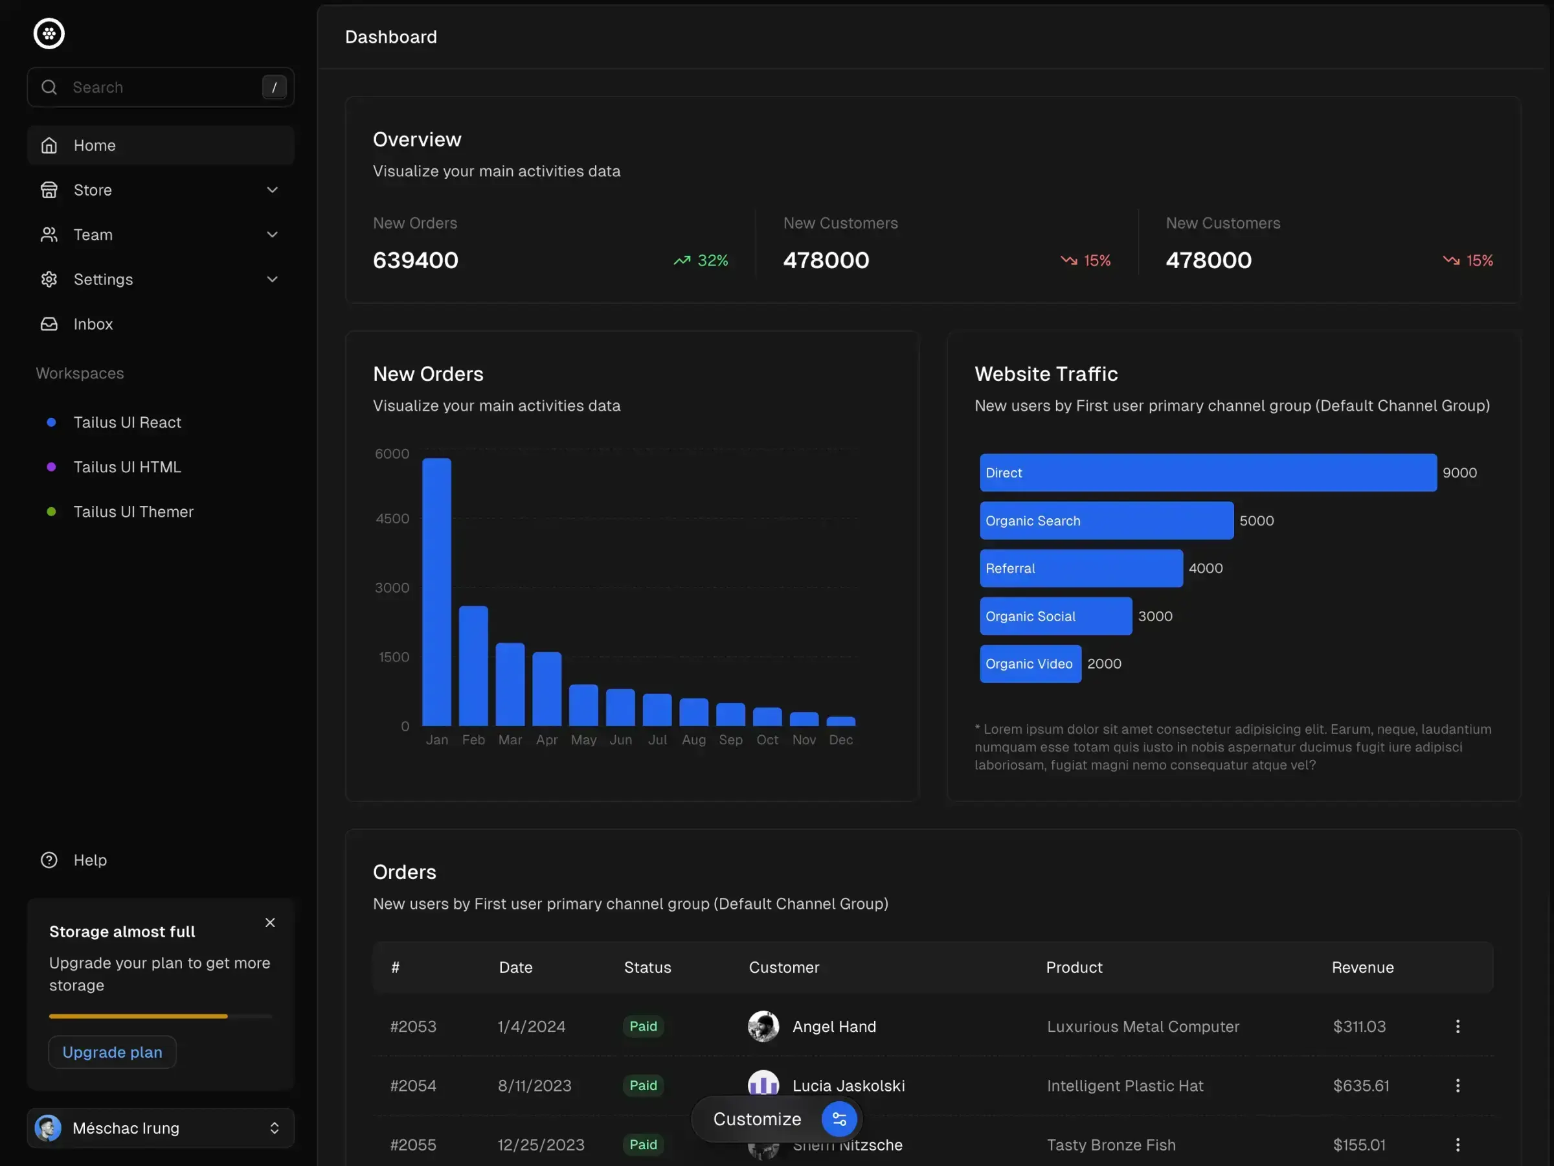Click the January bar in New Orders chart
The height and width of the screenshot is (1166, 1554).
click(x=436, y=592)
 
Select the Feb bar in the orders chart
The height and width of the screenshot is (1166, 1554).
click(x=473, y=665)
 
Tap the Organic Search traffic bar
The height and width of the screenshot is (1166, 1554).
click(x=1106, y=521)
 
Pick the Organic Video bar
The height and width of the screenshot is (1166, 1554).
click(x=1030, y=664)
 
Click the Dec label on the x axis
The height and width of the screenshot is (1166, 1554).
click(x=840, y=740)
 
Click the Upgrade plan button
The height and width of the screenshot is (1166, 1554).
click(x=113, y=1052)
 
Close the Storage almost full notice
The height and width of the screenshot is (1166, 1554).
click(x=270, y=923)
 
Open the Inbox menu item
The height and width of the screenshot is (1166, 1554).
click(x=93, y=324)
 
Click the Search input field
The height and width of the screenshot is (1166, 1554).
click(x=162, y=87)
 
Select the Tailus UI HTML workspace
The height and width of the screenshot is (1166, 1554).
click(x=127, y=468)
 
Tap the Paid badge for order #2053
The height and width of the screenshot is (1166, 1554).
click(x=643, y=1026)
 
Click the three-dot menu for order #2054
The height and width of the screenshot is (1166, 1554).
click(x=1457, y=1086)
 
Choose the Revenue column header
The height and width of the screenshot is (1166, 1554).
click(x=1362, y=968)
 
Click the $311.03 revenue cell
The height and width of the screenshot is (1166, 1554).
click(x=1358, y=1027)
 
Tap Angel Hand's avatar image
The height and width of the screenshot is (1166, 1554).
click(x=763, y=1027)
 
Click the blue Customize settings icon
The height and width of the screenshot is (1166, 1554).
click(x=839, y=1119)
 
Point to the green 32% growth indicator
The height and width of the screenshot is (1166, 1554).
click(x=701, y=261)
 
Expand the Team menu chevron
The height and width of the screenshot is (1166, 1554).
click(x=273, y=234)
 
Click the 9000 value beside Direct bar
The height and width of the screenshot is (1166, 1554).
click(x=1459, y=473)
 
